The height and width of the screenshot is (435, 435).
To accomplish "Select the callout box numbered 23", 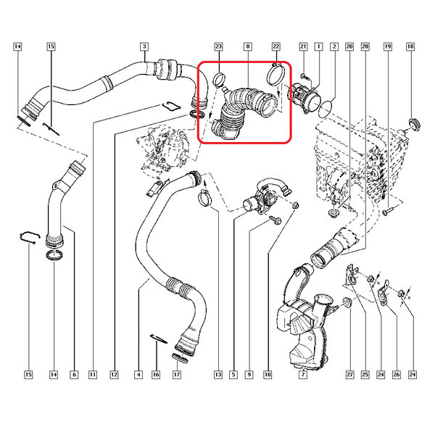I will [x=217, y=47].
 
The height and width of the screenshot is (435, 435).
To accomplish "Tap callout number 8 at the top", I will [x=248, y=47].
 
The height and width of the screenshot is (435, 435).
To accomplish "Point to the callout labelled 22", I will [x=276, y=47].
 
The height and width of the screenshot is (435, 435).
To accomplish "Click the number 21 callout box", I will [x=303, y=47].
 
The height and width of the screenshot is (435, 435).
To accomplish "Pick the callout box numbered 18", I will [x=411, y=47].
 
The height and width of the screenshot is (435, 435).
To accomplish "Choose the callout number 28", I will [x=365, y=47].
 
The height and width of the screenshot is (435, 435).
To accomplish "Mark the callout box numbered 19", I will [x=388, y=47].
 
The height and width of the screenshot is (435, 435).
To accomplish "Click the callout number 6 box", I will [x=73, y=375].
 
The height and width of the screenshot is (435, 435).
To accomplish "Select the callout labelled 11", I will [x=93, y=375].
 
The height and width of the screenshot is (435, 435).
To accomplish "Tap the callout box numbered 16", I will [x=155, y=375].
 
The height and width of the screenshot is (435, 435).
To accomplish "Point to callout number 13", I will [x=217, y=375].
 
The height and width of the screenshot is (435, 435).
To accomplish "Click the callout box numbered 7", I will [x=304, y=375].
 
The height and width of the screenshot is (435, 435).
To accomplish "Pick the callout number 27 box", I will [x=349, y=375].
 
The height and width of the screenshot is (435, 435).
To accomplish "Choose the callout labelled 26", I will [x=397, y=375].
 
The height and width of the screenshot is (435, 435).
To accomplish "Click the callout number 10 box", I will [x=268, y=375].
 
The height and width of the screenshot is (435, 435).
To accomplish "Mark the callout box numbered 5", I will [x=233, y=375].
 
